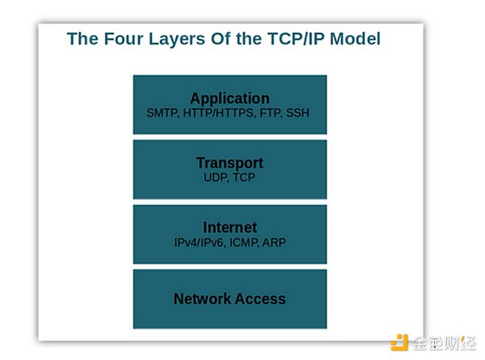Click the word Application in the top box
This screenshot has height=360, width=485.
pos(230,99)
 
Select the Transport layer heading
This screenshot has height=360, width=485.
pos(230,163)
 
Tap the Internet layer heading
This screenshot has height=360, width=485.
pos(230,227)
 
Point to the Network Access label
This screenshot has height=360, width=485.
pos(230,299)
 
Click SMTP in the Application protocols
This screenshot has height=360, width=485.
pos(162,113)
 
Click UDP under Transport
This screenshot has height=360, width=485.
pos(217,177)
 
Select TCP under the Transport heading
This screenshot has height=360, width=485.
pos(244,177)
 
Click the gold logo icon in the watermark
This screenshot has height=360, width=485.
pos(399,343)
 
